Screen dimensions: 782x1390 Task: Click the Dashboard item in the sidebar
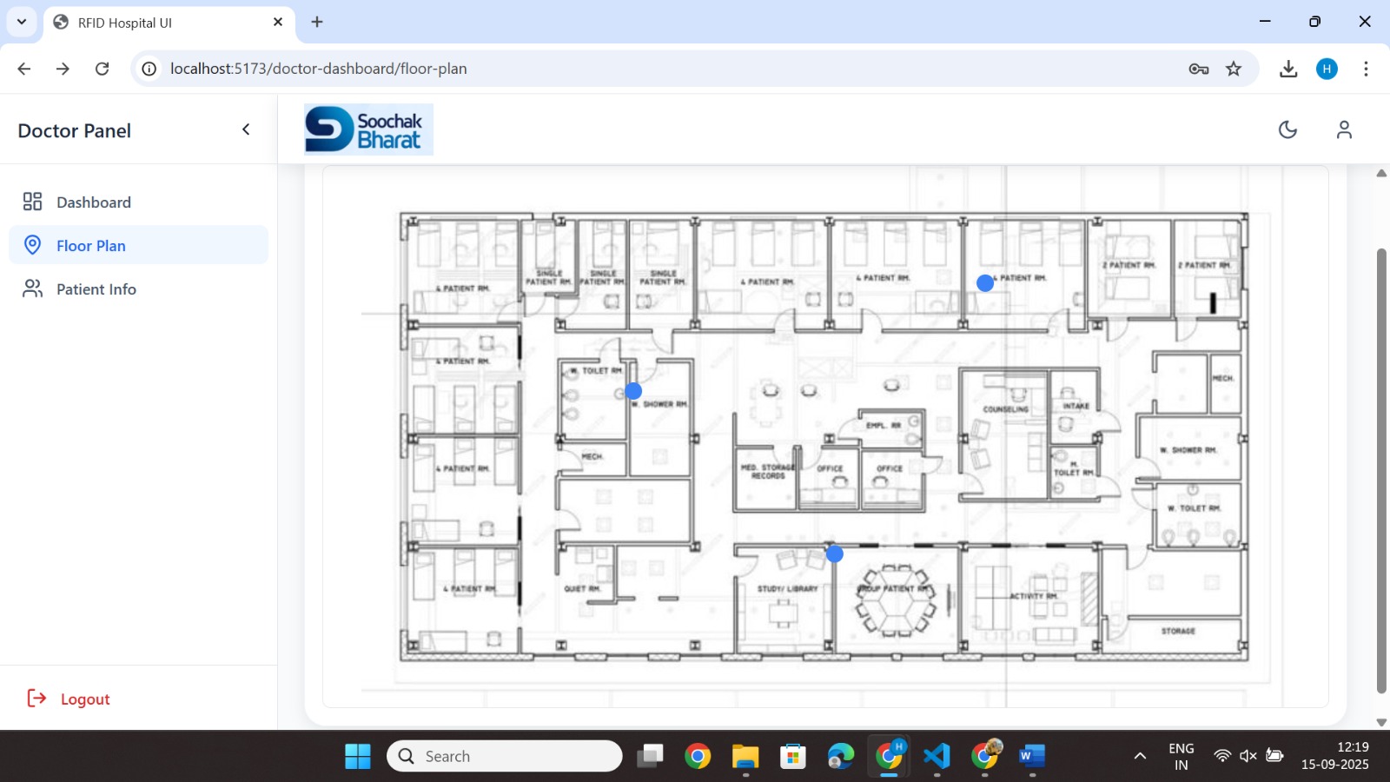click(93, 202)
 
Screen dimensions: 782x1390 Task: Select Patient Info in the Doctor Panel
click(96, 289)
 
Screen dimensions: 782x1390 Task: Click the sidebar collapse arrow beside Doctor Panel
click(246, 129)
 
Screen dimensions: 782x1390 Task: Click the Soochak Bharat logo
click(368, 129)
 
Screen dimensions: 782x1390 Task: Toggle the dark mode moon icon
click(1287, 129)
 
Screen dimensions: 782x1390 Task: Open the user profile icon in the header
click(1344, 129)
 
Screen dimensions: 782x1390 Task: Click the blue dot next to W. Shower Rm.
click(633, 391)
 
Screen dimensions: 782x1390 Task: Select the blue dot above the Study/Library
click(835, 553)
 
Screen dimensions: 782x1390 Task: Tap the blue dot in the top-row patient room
click(985, 282)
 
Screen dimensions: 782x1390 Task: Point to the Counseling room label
click(1005, 409)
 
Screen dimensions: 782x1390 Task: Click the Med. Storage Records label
click(768, 472)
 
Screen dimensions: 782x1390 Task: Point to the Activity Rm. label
click(1034, 596)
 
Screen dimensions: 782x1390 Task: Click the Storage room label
click(1178, 631)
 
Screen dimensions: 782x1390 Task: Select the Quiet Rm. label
click(582, 589)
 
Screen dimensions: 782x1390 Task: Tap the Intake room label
click(1076, 406)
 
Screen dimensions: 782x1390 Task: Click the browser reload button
click(102, 69)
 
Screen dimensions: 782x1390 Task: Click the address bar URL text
click(318, 69)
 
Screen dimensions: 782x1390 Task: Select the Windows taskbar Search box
click(505, 756)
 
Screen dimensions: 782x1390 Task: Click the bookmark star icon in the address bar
click(1234, 69)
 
